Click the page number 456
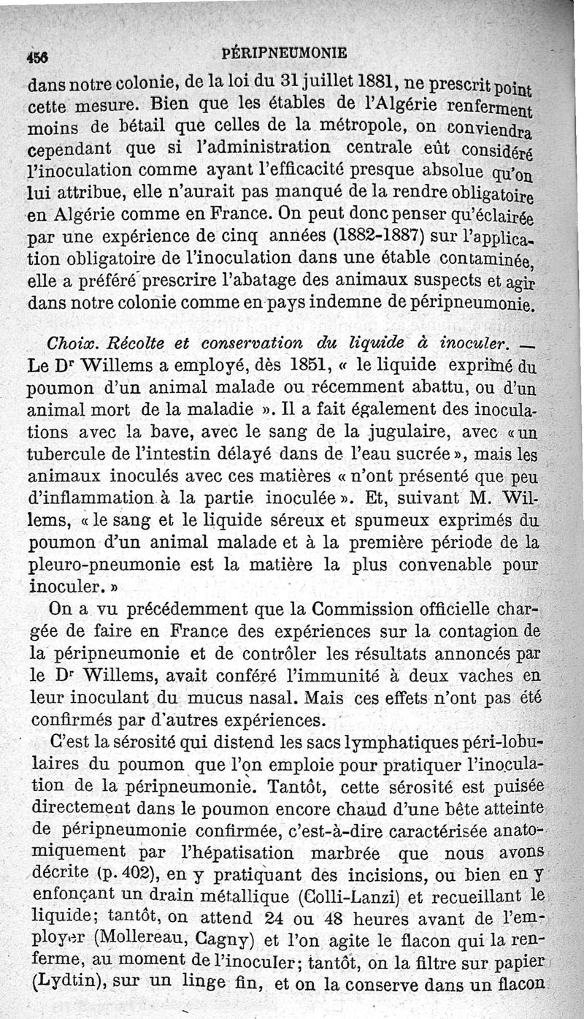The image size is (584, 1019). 36,53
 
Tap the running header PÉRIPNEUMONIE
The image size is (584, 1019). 284,53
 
